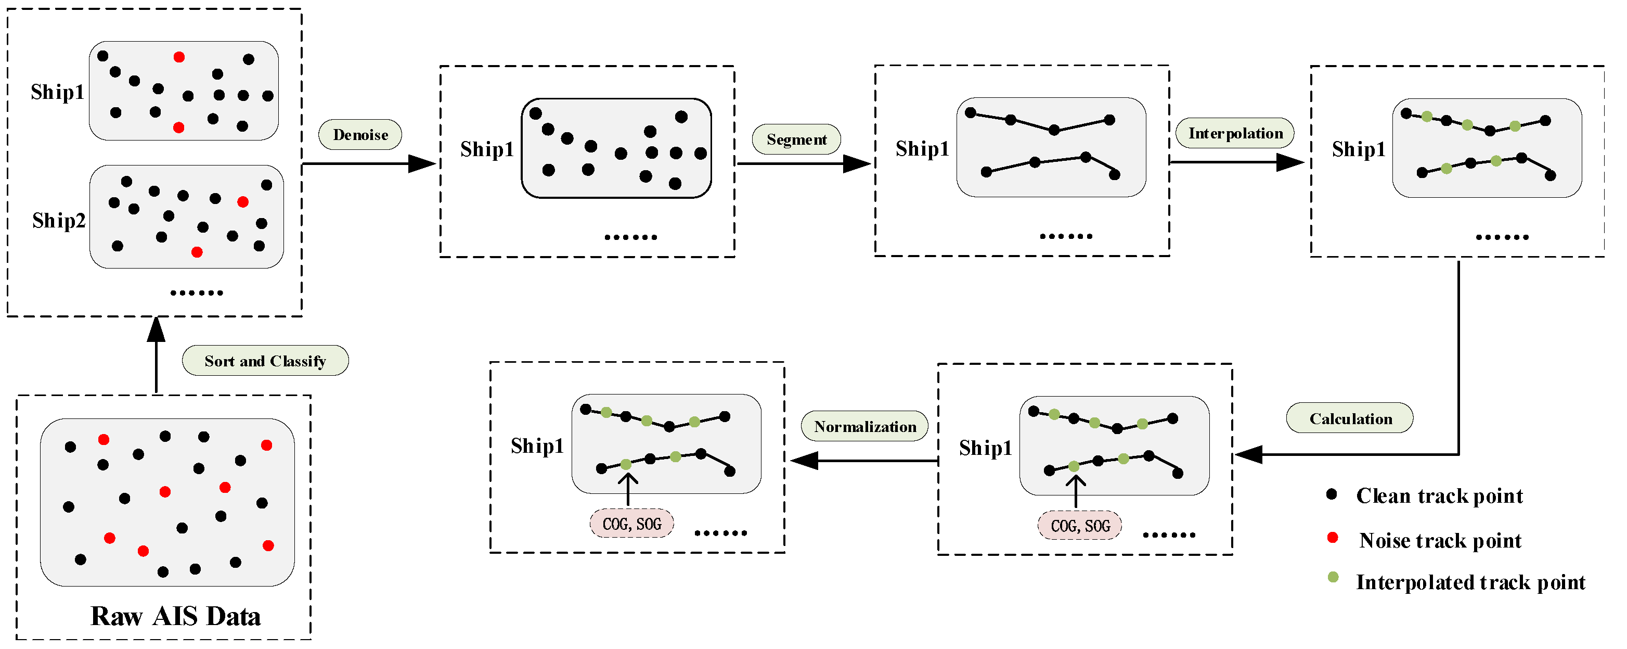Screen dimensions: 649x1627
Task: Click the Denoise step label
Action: (x=360, y=135)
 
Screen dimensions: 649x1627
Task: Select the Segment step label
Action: (x=796, y=139)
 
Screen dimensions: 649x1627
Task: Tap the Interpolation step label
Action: (x=1235, y=133)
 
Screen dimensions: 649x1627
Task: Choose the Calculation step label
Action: (x=1350, y=418)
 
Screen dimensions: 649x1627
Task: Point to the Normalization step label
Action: (x=864, y=427)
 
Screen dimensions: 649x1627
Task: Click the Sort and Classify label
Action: (x=265, y=361)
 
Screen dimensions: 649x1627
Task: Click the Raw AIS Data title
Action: (x=176, y=616)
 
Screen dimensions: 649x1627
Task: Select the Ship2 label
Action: (x=59, y=221)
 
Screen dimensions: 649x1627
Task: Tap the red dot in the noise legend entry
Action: (x=1333, y=538)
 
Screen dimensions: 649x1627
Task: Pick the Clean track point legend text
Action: (x=1439, y=495)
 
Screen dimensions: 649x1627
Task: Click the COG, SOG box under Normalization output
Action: (x=631, y=524)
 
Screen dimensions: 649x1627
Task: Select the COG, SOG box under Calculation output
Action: (x=1080, y=526)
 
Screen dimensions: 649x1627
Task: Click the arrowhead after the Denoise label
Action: (x=422, y=163)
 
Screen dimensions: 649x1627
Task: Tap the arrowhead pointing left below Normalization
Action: (x=804, y=460)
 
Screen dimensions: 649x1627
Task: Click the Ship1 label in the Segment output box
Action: (x=922, y=149)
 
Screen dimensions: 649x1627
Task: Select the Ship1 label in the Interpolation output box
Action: (x=1359, y=150)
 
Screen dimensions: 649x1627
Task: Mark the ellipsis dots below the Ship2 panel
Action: (x=197, y=292)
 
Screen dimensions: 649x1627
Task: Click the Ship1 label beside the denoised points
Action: (x=487, y=150)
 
